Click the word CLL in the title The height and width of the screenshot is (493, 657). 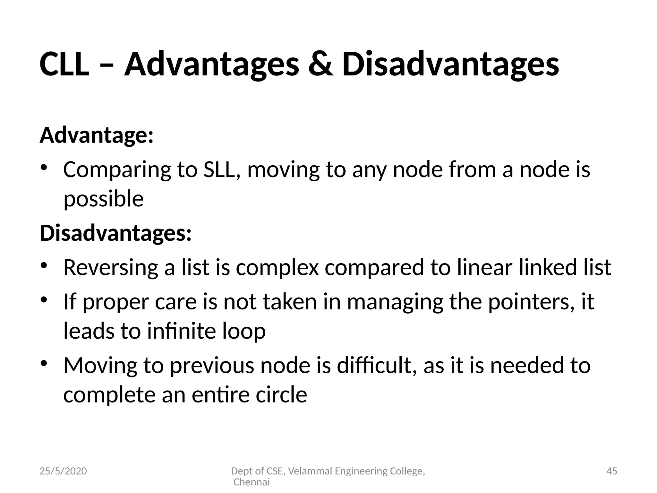[64, 65]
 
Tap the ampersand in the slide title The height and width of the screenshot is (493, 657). [320, 65]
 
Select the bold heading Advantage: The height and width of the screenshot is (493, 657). [97, 135]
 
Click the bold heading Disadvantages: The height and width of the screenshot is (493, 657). [115, 233]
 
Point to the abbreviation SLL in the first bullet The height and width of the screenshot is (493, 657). [222, 170]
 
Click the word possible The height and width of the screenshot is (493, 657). [103, 199]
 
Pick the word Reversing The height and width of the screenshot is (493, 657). [111, 267]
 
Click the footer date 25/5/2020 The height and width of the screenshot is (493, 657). [63, 471]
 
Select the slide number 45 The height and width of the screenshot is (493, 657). [612, 471]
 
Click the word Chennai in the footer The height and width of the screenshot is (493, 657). [252, 482]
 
